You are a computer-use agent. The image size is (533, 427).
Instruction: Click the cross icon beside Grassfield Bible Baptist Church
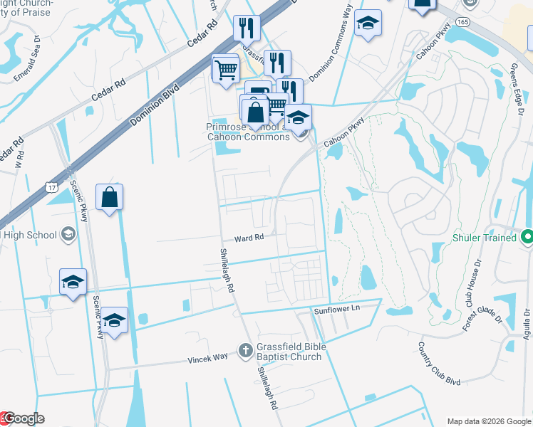click(244, 349)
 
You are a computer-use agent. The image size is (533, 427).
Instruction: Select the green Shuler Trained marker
click(527, 237)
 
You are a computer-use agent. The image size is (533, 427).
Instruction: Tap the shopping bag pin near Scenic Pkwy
click(109, 197)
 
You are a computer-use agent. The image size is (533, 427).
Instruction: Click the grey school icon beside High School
click(68, 233)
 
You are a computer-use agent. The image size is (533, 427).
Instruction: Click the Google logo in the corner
click(23, 419)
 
